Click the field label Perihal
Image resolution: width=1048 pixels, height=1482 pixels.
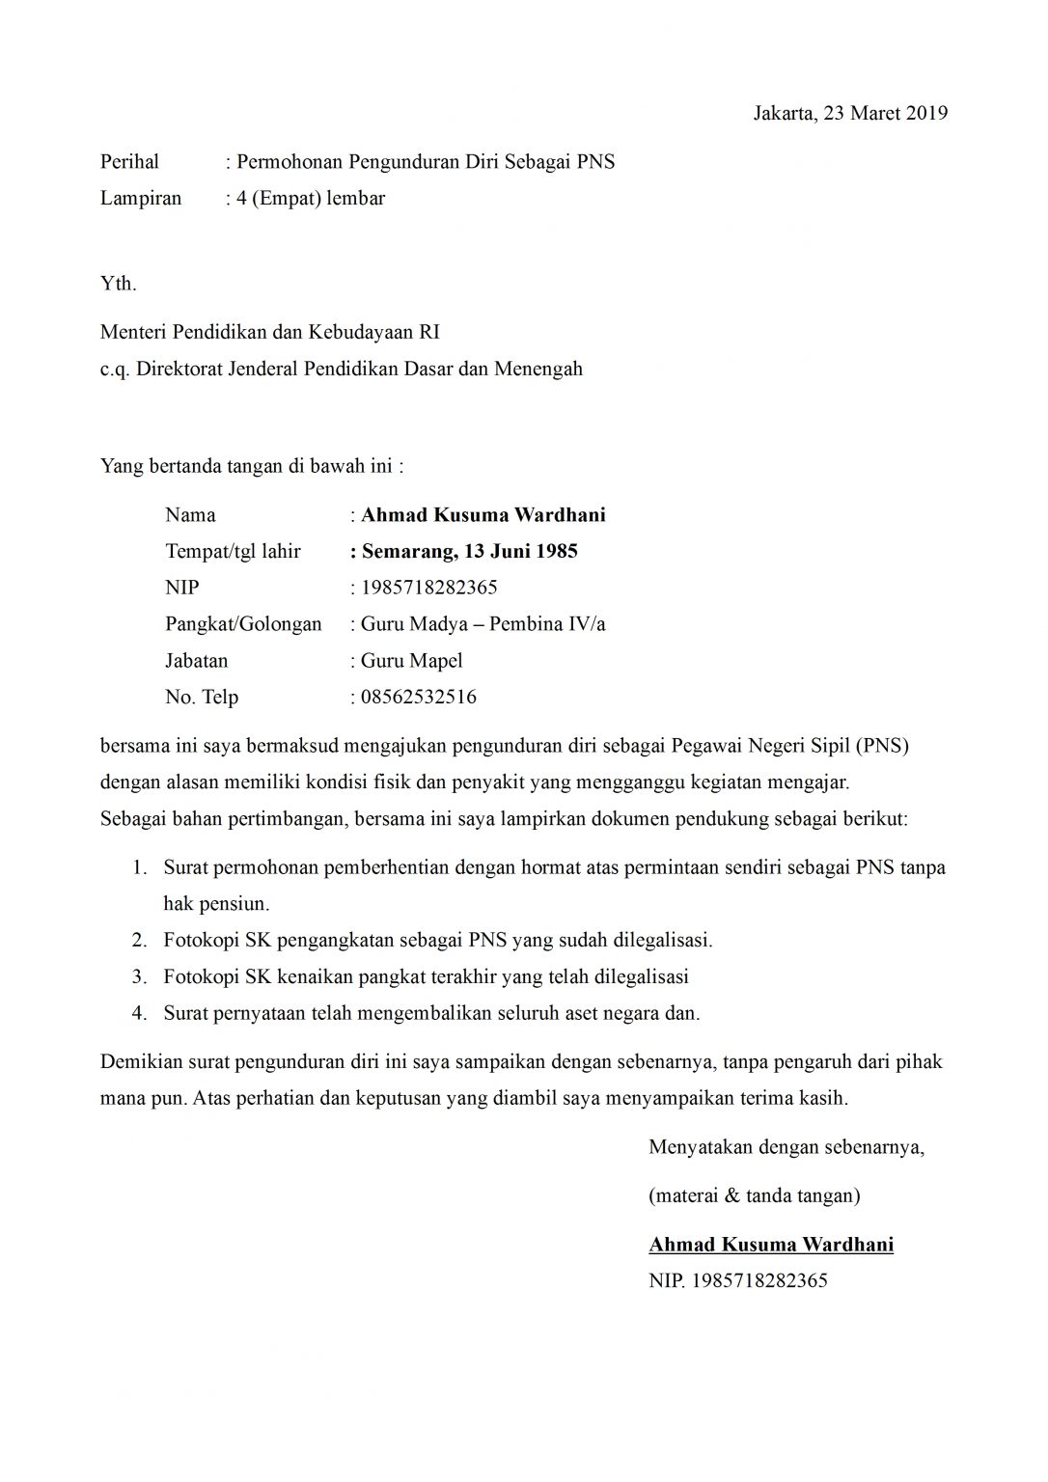(x=129, y=162)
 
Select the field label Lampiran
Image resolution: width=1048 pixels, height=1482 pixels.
(x=141, y=199)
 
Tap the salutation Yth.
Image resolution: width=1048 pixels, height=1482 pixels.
(x=118, y=284)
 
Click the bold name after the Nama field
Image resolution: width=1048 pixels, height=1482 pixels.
(x=483, y=515)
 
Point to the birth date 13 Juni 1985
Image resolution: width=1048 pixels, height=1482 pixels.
(x=520, y=552)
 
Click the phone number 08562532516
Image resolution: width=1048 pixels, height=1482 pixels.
(x=418, y=698)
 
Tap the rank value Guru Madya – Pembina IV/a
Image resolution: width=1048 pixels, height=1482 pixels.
(x=483, y=624)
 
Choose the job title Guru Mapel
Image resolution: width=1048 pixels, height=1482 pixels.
(x=411, y=661)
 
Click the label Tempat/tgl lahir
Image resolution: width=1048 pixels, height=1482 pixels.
(x=233, y=552)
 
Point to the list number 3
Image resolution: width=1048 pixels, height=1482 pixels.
(x=139, y=977)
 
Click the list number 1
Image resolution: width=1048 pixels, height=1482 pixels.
(x=140, y=867)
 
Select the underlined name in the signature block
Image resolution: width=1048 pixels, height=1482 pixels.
(x=770, y=1245)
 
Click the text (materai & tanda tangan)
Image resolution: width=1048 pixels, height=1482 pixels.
(x=754, y=1196)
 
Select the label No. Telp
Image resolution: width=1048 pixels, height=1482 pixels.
(x=202, y=698)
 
